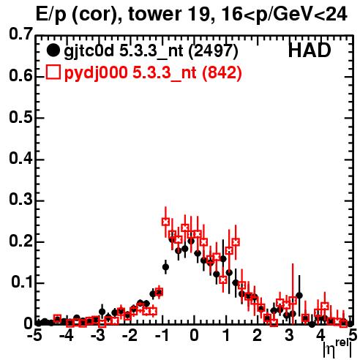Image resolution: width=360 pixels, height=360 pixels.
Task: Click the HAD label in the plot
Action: tap(310, 50)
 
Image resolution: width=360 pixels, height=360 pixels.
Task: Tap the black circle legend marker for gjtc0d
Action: tap(53, 50)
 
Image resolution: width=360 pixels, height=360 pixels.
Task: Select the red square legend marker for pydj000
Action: tap(53, 72)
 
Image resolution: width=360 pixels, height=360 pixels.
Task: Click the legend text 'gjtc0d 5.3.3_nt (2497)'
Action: tap(151, 51)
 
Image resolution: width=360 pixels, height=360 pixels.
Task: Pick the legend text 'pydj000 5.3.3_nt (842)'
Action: tap(153, 72)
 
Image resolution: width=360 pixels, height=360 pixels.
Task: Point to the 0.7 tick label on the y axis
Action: tap(20, 34)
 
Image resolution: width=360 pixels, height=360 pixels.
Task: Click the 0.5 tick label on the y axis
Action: tap(20, 117)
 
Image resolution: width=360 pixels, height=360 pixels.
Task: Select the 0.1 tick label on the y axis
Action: tap(22, 282)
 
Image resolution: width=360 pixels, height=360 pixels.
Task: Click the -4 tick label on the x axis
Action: tap(67, 335)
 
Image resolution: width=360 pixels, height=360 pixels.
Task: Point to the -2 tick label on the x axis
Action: tap(130, 335)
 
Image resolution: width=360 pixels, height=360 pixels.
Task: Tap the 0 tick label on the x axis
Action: tap(194, 335)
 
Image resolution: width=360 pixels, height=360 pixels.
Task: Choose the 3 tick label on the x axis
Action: tap(289, 335)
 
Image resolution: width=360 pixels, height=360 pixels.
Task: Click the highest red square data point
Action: tap(165, 222)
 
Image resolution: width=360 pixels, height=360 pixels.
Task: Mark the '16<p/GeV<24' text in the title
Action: tap(285, 15)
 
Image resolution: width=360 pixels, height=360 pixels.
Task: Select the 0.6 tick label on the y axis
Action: tap(20, 75)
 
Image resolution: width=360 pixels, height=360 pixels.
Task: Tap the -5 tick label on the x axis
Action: tap(34, 335)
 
